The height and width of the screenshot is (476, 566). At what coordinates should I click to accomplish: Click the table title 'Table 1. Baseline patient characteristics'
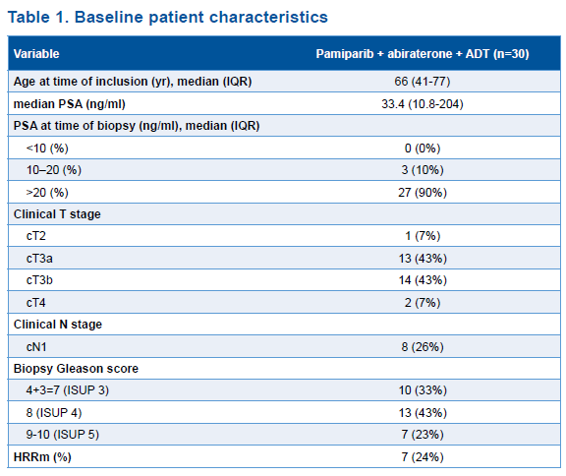pos(168,18)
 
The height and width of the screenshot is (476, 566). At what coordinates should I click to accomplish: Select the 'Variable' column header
pos(36,54)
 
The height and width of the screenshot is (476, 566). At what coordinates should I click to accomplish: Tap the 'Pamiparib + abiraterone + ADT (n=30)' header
pos(423,54)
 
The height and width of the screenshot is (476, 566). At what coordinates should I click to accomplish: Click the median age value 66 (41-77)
pos(423,82)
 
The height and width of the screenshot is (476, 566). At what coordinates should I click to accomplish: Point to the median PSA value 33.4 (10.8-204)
pos(423,104)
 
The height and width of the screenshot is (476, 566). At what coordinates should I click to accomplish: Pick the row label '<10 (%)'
pos(47,149)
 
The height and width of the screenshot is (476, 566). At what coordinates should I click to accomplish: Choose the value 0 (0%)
pos(423,149)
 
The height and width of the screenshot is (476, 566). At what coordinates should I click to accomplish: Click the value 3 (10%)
pos(423,170)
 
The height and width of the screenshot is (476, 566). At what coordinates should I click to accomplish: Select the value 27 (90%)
pos(423,192)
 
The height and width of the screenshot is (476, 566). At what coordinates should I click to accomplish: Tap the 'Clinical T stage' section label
pos(57,214)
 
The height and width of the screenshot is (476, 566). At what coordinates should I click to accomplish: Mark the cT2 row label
pos(36,236)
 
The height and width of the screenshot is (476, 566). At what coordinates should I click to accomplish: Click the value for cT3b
pos(423,280)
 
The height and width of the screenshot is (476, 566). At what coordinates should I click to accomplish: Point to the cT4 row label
pos(36,302)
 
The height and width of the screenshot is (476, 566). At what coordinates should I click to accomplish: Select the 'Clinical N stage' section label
pos(58,325)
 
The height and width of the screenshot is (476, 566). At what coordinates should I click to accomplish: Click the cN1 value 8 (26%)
pos(423,347)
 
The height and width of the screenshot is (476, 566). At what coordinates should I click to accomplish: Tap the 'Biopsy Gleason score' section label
pos(76,369)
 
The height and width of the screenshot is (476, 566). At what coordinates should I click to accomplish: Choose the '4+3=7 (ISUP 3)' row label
pos(68,390)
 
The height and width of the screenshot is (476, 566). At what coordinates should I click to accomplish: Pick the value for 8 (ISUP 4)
pos(423,412)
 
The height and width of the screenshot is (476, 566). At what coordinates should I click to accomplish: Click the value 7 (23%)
pos(423,434)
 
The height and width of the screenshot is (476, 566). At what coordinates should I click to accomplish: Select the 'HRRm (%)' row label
pos(42,457)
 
